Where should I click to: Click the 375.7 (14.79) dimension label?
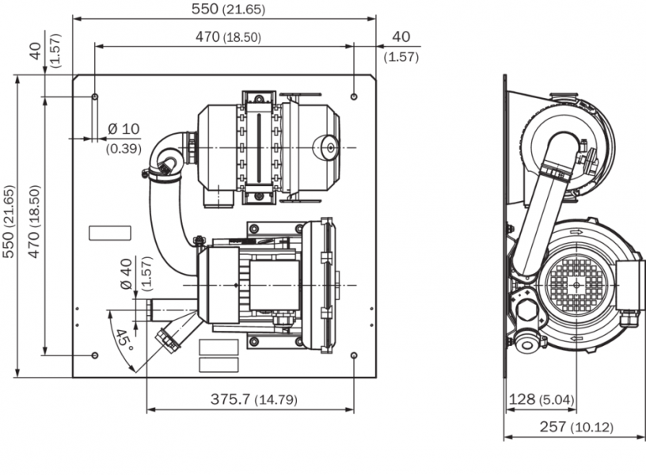[254, 400]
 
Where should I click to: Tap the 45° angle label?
[123, 341]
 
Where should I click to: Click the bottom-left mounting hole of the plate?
[95, 355]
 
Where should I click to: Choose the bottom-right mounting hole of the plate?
[353, 355]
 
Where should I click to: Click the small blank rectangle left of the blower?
[110, 232]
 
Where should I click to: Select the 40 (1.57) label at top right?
[401, 45]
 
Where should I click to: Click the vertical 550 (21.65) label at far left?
[9, 225]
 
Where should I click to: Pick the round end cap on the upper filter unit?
[327, 145]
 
